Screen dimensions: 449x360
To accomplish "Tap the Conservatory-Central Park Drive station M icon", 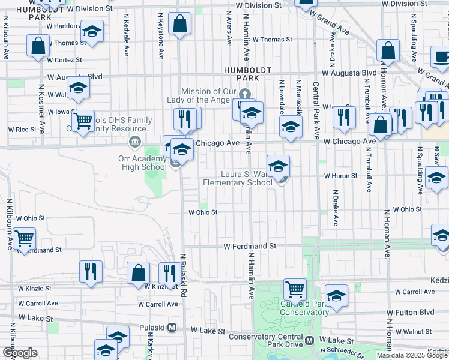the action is [x=310, y=340].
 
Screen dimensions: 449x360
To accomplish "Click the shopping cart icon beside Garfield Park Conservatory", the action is [x=295, y=289].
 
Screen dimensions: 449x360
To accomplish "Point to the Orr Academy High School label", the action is [x=142, y=162].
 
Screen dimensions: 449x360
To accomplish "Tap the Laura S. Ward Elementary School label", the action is [x=238, y=179].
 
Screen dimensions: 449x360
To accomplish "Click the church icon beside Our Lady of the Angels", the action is [x=244, y=94].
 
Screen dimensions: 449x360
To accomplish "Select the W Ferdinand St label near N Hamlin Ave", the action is [x=250, y=246].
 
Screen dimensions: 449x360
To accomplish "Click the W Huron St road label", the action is [x=340, y=176].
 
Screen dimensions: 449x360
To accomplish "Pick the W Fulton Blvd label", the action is [x=410, y=313].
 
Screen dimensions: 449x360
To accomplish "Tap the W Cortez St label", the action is [x=64, y=60].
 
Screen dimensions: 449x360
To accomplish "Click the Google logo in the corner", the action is [x=20, y=353].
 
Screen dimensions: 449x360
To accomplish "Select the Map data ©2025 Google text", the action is [x=412, y=355].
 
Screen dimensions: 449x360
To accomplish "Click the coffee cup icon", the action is [x=441, y=57].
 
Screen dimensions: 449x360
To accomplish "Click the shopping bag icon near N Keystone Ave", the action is [x=179, y=24].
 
